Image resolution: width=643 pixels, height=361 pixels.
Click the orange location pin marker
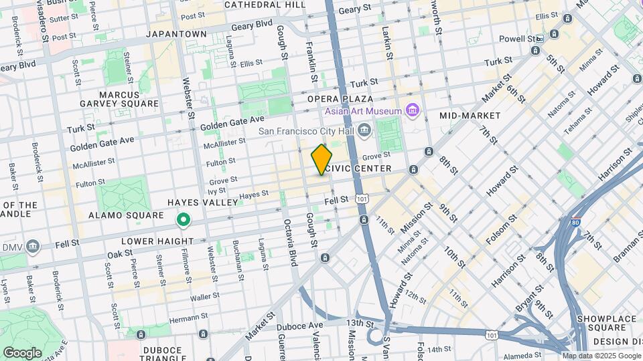(x=321, y=160)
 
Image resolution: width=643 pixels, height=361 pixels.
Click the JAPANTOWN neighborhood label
(x=176, y=33)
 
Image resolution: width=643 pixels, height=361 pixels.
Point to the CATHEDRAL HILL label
(x=265, y=5)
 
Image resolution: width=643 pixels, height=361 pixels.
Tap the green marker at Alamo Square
(x=182, y=219)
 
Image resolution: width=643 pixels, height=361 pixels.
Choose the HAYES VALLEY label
(x=202, y=202)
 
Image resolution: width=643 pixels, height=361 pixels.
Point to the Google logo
(x=22, y=352)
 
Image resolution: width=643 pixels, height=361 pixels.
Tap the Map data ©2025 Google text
(x=601, y=356)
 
